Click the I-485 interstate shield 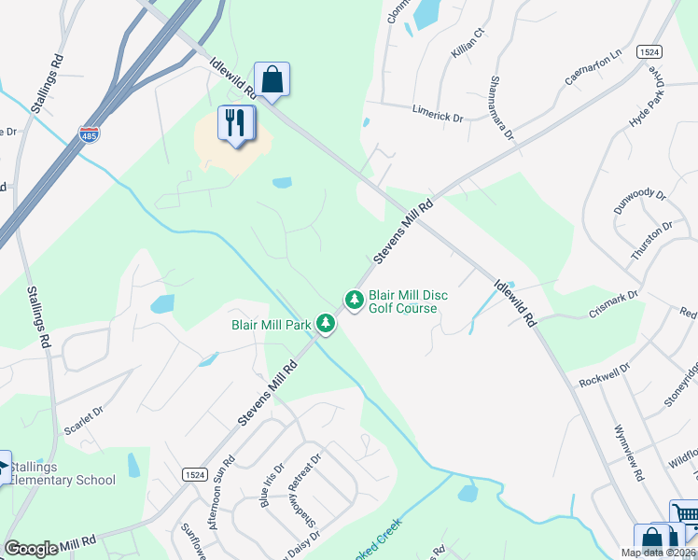(91, 136)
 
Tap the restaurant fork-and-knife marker (234, 122)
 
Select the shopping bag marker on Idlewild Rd (272, 79)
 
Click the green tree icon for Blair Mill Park (325, 324)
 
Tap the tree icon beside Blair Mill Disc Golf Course (354, 300)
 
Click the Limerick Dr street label (438, 113)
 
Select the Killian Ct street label (468, 45)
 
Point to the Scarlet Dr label (83, 425)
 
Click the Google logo (31, 549)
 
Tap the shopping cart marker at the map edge (685, 514)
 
